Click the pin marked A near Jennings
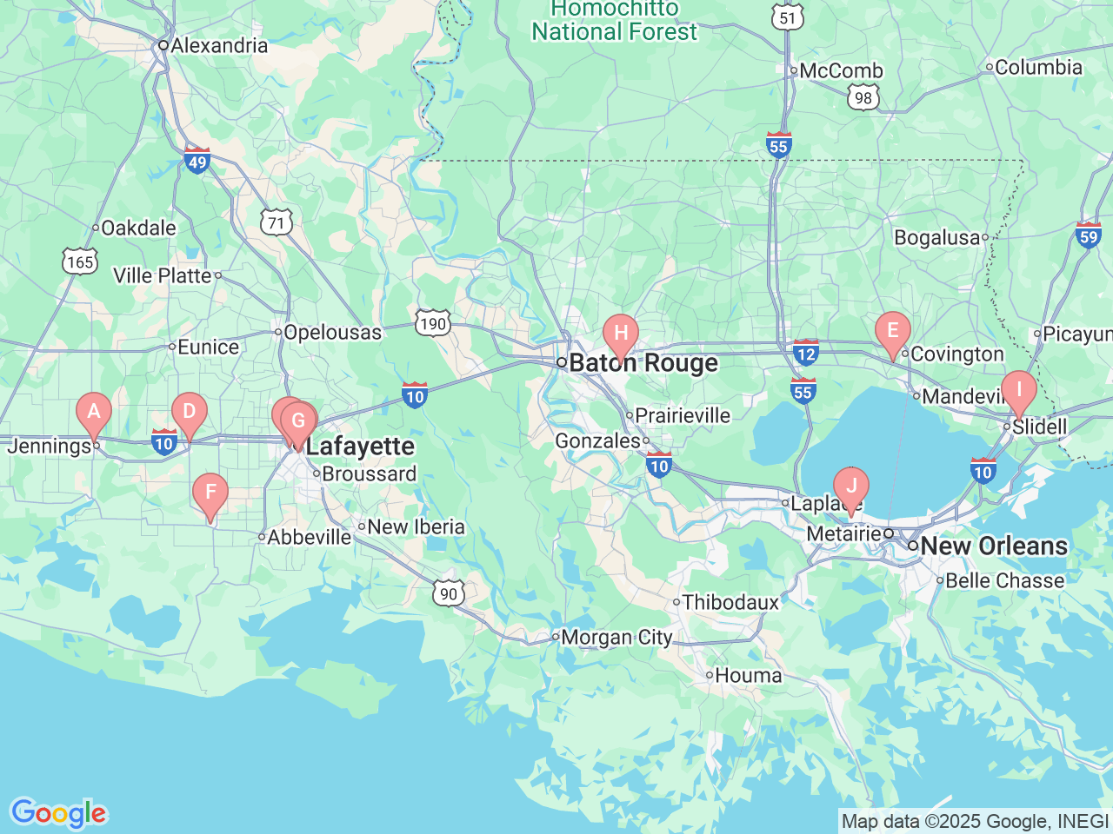pos(94,412)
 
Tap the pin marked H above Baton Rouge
pos(621,334)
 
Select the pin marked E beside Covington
pos(892,331)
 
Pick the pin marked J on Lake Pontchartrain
pos(850,486)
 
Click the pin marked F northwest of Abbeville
pos(210,493)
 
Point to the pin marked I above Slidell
pos(1018,390)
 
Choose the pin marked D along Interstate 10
pos(189,412)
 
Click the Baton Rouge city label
pos(643,363)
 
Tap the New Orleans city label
pos(994,546)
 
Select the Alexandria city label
pos(219,45)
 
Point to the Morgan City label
pos(616,638)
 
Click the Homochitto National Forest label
pos(615,21)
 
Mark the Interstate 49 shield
pos(197,161)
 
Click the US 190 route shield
pos(432,324)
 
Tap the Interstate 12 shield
pos(806,353)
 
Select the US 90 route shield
pos(448,594)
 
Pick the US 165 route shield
pos(79,261)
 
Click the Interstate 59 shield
pos(1088,235)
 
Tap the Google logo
pos(58,814)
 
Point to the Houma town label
pos(748,675)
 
